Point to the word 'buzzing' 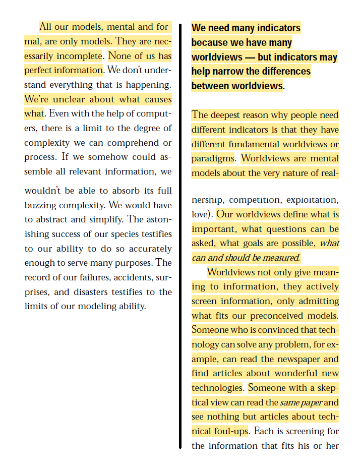tap(41, 205)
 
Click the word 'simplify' tap(103, 219)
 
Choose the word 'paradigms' tap(213, 158)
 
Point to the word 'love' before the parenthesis tap(201, 214)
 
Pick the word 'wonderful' tap(288, 374)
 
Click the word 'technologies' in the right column tap(217, 388)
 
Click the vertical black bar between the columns tap(180, 237)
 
